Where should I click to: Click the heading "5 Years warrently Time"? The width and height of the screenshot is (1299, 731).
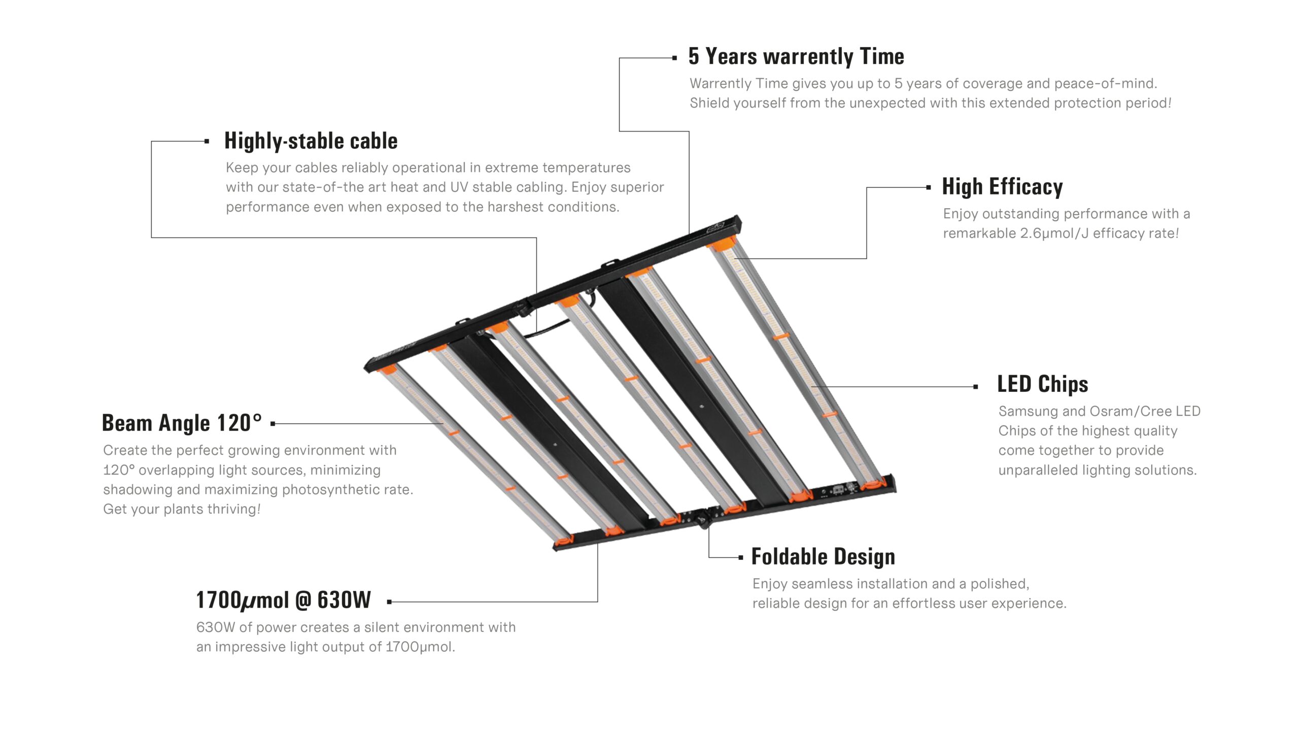click(796, 56)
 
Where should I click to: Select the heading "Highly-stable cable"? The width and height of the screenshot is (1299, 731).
click(311, 141)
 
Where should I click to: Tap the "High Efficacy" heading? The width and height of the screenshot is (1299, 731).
click(1002, 187)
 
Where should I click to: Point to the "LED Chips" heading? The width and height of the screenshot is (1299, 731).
click(1043, 384)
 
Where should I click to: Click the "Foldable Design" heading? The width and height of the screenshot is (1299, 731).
click(823, 556)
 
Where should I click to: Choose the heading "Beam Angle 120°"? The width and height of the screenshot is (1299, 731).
click(182, 423)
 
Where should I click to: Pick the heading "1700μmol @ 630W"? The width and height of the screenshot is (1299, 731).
click(284, 600)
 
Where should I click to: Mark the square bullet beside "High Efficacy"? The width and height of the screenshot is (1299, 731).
click(929, 187)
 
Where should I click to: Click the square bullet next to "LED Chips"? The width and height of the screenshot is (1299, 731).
click(976, 387)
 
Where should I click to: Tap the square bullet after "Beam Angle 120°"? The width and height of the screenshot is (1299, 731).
click(273, 423)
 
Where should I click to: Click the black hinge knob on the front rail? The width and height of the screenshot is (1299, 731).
click(703, 521)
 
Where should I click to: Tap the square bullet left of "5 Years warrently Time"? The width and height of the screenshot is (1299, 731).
click(674, 58)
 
